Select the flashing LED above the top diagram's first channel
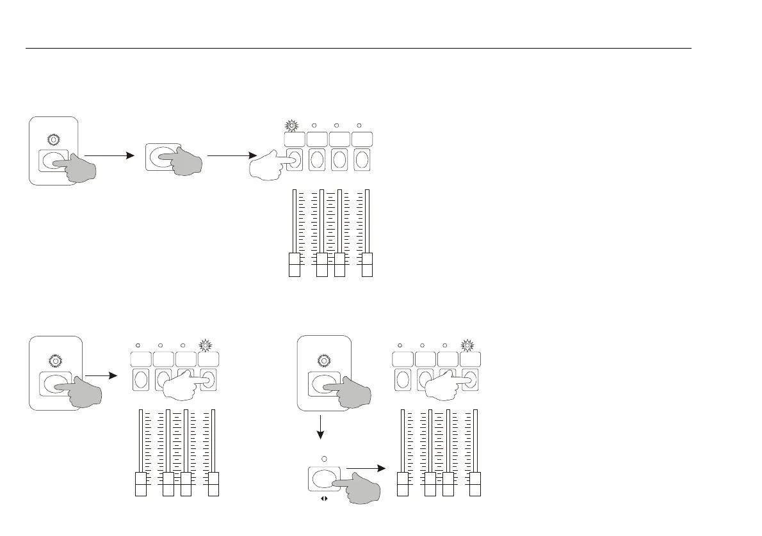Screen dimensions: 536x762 295,125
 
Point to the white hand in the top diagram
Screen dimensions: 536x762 272,164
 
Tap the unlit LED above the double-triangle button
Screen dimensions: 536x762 324,459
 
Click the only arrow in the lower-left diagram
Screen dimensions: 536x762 101,375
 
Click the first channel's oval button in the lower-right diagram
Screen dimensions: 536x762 403,379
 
